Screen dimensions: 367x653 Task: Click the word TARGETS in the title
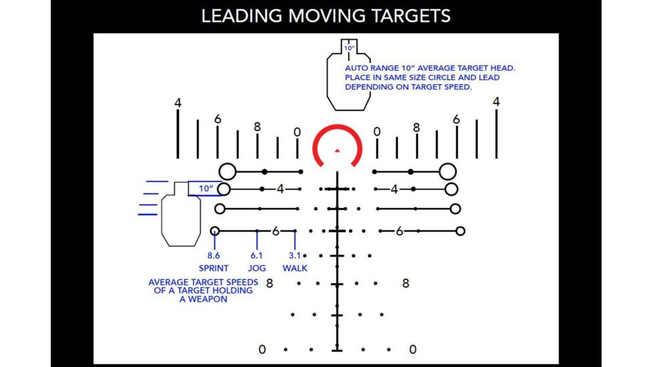pos(412,16)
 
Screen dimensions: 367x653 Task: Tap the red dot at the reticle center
pos(337,151)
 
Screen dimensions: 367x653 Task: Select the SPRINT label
pos(214,268)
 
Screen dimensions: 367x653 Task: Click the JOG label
pos(258,268)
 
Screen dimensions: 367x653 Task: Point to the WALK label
pos(294,268)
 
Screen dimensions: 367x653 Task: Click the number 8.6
pos(214,256)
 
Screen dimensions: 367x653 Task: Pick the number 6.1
pos(257,256)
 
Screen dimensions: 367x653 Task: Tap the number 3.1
pos(294,256)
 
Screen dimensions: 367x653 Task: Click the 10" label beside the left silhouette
pos(205,189)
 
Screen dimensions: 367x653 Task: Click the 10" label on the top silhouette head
pos(349,48)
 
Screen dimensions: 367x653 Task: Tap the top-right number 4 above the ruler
pos(496,101)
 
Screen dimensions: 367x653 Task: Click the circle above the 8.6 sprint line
pos(215,231)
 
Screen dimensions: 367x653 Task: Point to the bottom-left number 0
pos(262,349)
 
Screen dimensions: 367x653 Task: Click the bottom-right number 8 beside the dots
pos(405,283)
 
